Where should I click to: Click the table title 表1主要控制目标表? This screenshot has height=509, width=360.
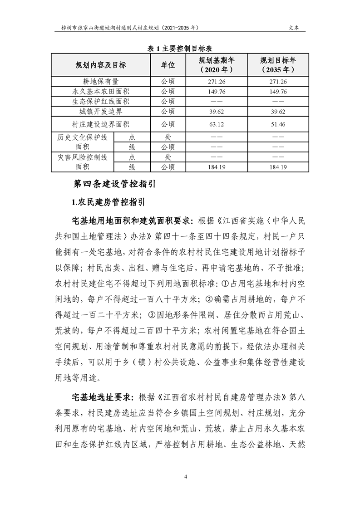(180, 49)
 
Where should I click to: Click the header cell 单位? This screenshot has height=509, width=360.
(168, 65)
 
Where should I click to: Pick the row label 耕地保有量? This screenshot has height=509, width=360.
(101, 82)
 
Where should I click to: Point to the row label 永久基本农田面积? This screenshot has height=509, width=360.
(101, 92)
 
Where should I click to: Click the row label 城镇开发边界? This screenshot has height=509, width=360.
(101, 111)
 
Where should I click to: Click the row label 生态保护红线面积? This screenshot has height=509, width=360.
(101, 102)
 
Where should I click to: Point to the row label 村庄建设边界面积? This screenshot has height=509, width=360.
(101, 123)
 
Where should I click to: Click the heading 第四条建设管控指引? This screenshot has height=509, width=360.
(114, 184)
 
